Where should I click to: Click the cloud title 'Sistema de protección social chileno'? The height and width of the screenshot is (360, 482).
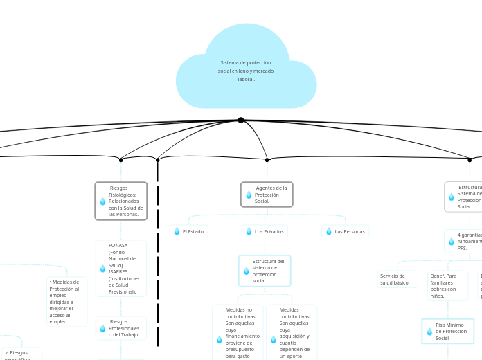click(246, 71)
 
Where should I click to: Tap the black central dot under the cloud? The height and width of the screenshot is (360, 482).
click(240, 120)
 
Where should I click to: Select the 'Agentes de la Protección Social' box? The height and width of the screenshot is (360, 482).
click(267, 195)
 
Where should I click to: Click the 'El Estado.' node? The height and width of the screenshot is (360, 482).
click(188, 231)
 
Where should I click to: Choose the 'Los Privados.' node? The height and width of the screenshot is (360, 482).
click(265, 231)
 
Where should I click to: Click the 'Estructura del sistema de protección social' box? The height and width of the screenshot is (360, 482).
click(265, 271)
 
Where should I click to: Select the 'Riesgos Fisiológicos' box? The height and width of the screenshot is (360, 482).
click(121, 201)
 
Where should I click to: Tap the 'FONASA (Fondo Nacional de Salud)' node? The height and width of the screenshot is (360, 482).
click(121, 269)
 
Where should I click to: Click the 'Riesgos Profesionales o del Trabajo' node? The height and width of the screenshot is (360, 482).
click(121, 328)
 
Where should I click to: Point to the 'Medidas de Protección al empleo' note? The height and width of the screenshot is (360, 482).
click(66, 302)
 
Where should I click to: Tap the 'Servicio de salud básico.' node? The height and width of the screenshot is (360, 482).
click(398, 279)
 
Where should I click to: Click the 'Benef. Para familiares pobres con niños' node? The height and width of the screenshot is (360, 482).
click(447, 285)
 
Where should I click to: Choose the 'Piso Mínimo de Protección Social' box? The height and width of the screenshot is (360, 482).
click(447, 332)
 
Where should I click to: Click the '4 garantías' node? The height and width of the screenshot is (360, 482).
click(464, 242)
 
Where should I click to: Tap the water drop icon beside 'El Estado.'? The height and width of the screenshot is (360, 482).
click(177, 231)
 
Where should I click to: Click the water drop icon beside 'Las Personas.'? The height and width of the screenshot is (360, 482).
click(329, 231)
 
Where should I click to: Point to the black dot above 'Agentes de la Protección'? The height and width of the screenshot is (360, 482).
click(267, 160)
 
